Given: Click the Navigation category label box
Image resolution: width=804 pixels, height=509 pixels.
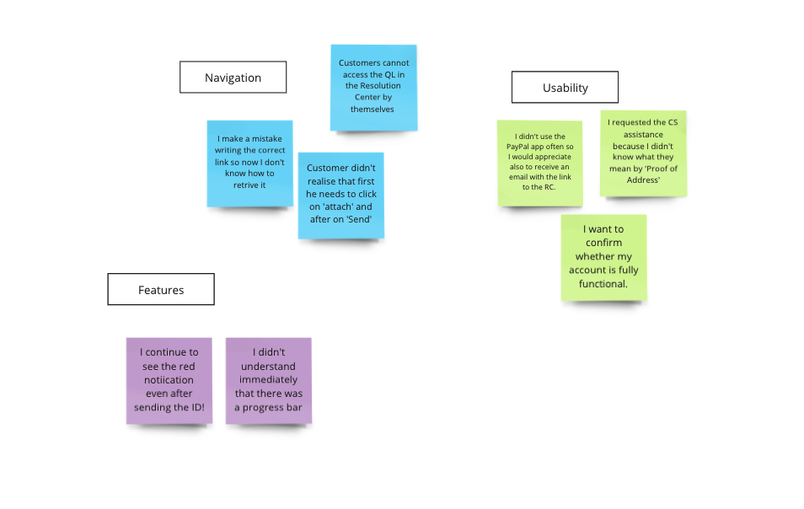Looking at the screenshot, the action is point(233,78).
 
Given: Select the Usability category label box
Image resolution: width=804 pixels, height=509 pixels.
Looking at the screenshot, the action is point(565,87).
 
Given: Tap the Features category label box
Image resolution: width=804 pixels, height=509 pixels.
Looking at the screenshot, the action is point(161,290).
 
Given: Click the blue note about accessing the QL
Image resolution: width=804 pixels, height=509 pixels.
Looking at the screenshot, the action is point(374,88).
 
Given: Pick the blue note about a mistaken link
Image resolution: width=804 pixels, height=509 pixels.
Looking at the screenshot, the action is point(249,163).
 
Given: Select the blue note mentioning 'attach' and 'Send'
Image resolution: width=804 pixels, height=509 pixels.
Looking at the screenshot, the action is point(341,196).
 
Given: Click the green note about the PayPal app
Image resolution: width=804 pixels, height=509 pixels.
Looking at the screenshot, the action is point(540,163).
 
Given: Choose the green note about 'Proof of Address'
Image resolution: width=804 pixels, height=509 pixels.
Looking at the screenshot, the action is point(643,153).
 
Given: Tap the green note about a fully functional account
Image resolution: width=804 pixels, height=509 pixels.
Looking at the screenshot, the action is point(603,257).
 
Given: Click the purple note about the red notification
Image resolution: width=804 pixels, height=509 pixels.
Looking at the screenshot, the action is point(169,381).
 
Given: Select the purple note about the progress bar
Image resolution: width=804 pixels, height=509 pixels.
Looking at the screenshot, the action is point(269,381).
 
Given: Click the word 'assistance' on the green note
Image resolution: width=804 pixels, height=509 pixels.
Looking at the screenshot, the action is point(643,134).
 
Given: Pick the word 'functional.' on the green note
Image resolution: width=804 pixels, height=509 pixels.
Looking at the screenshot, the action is point(603,283).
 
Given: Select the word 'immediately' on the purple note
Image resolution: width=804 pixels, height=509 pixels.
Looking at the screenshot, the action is point(268,380).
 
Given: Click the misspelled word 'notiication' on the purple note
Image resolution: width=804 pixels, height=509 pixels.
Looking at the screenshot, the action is point(169,380).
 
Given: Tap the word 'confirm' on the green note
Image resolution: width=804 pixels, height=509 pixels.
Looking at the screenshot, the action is point(603,243).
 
